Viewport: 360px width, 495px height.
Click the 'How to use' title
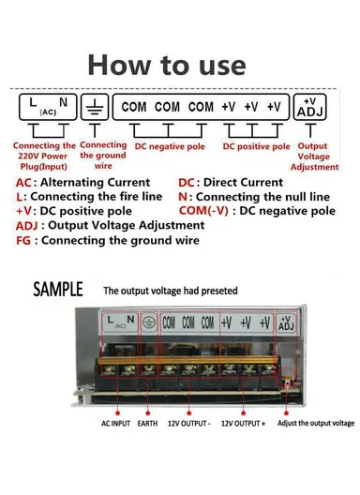pyautogui.click(x=166, y=64)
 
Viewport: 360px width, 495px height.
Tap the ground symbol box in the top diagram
pyautogui.click(x=95, y=106)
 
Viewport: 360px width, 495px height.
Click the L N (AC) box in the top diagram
pyautogui.click(x=46, y=106)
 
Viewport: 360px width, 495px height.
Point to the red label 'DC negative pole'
pyautogui.click(x=169, y=146)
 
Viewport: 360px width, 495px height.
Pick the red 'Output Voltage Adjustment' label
pyautogui.click(x=312, y=156)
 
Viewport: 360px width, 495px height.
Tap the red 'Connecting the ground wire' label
pyautogui.click(x=103, y=156)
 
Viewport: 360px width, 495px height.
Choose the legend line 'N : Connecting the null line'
pyautogui.click(x=253, y=198)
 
